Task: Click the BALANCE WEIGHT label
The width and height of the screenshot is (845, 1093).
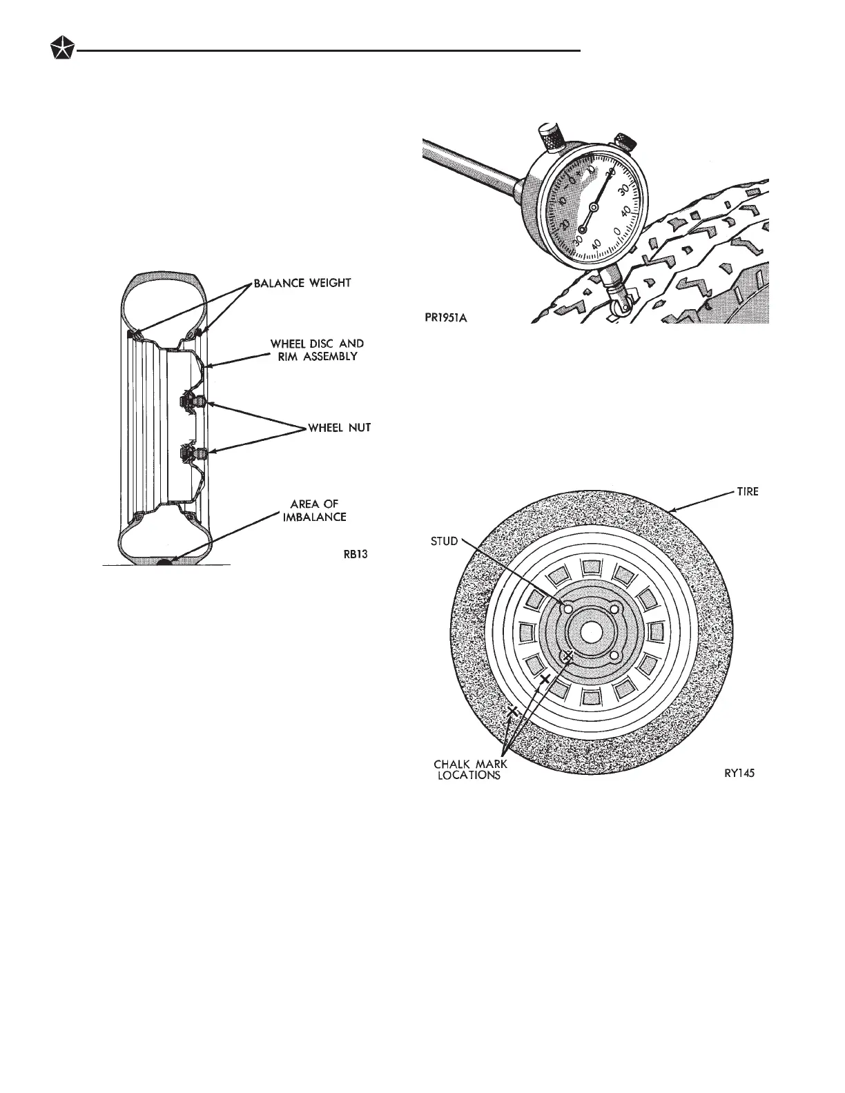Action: (302, 284)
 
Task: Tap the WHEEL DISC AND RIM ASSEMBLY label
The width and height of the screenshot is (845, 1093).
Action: (317, 350)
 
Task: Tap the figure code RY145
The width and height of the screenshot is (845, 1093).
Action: (735, 774)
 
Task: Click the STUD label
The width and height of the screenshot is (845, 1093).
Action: (444, 541)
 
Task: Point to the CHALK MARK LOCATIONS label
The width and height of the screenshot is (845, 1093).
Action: (470, 769)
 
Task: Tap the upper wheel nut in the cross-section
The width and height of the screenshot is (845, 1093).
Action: (188, 400)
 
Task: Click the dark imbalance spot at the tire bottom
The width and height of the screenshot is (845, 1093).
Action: (165, 562)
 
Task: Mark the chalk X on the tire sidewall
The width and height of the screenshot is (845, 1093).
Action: (512, 711)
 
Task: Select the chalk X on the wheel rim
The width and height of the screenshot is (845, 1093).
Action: (545, 679)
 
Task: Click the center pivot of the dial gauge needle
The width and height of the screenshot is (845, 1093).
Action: (594, 206)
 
